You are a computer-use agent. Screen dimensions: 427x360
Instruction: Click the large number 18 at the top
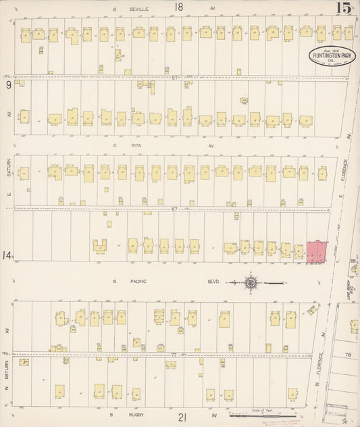(178, 7)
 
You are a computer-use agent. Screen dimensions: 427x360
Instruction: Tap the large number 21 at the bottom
(182, 418)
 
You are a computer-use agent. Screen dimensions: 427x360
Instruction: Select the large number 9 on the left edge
(8, 85)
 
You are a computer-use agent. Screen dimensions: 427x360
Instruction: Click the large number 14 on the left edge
(7, 255)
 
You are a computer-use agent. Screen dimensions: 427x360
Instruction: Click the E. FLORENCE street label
(343, 173)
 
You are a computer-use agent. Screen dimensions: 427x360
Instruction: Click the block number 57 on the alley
(174, 78)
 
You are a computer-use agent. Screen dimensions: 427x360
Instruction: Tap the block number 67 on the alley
(174, 209)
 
